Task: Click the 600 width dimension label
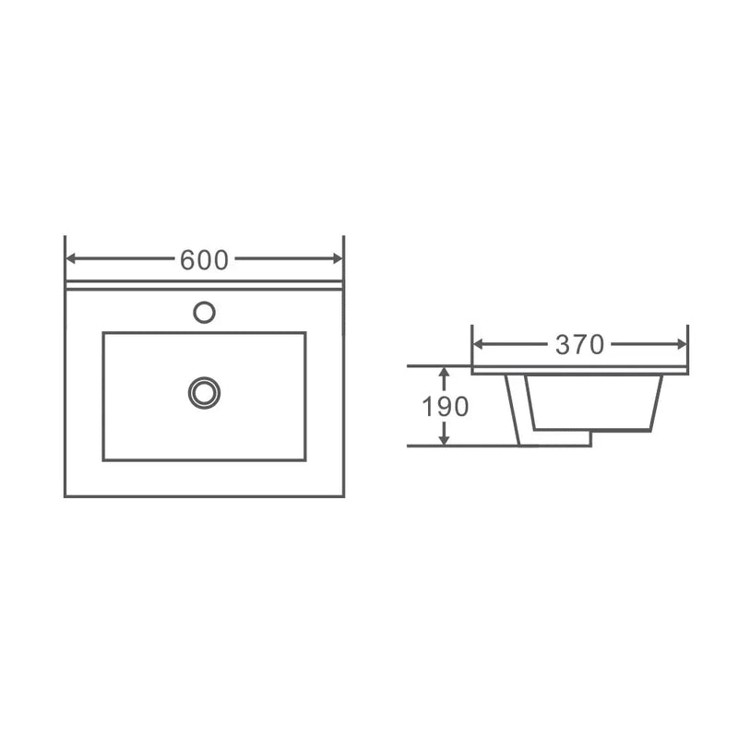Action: click(204, 261)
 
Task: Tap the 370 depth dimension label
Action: click(579, 345)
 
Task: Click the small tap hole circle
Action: click(204, 312)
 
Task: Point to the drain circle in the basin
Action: click(204, 391)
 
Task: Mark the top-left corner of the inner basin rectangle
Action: click(103, 333)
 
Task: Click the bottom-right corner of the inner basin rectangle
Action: click(305, 459)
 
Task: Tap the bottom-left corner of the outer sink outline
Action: click(65, 496)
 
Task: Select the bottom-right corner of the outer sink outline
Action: click(344, 496)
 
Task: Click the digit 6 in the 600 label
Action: click(188, 261)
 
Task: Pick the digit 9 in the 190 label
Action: click(445, 407)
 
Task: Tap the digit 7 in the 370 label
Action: click(579, 345)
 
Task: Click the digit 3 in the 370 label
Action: click(564, 345)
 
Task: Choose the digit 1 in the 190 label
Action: click(429, 407)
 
